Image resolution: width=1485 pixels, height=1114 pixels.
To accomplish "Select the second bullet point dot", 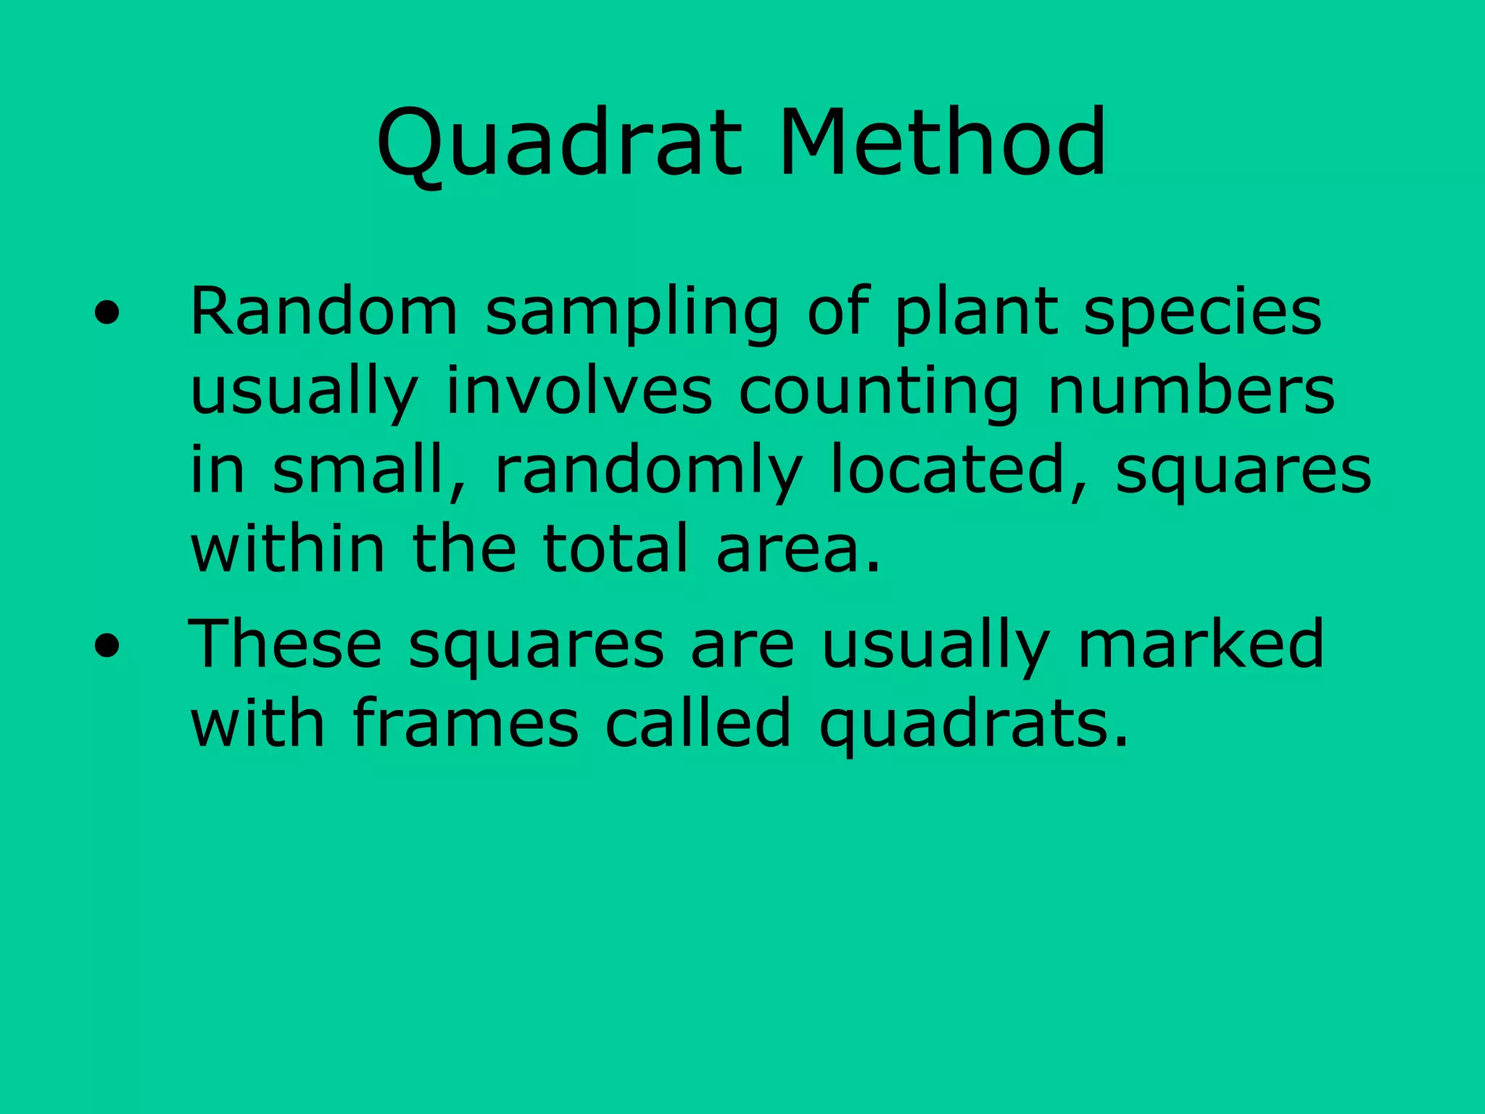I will pyautogui.click(x=107, y=646).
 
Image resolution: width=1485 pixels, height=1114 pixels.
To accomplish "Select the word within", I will pyautogui.click(x=287, y=549).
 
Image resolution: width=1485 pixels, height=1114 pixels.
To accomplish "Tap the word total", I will pyautogui.click(x=616, y=549).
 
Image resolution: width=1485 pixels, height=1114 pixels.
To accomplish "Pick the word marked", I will pyautogui.click(x=1201, y=644).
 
